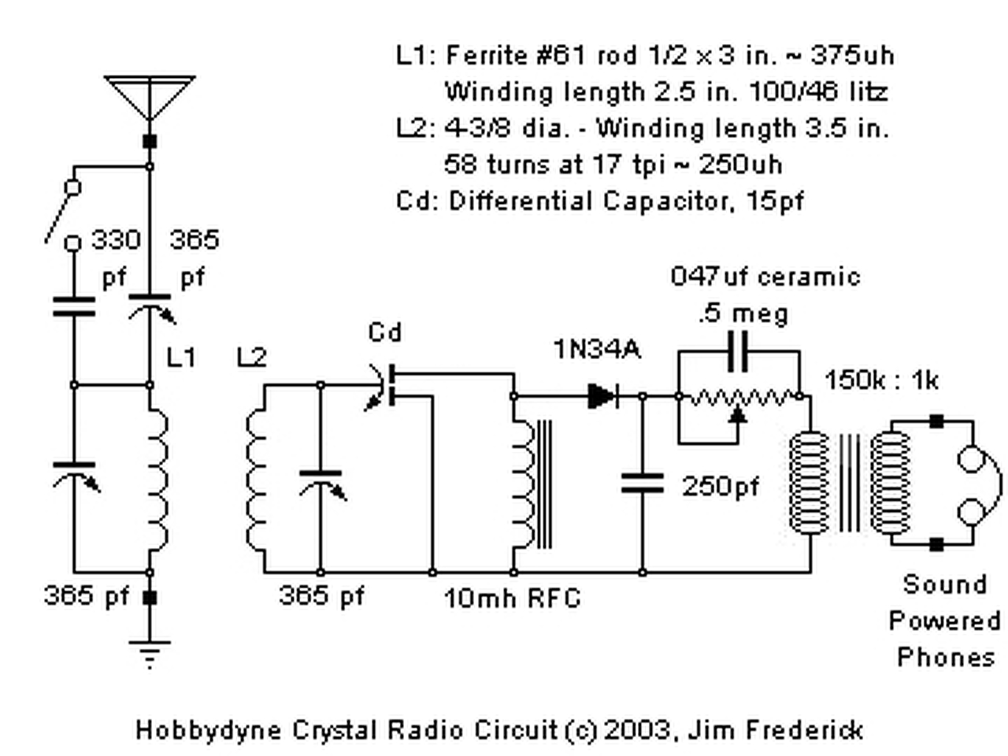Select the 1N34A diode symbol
pyautogui.click(x=602, y=395)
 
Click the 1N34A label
pyautogui.click(x=597, y=350)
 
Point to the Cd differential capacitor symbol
pyautogui.click(x=384, y=386)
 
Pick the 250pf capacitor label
pyautogui.click(x=721, y=487)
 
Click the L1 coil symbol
pyautogui.click(x=158, y=477)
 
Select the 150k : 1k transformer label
pyautogui.click(x=881, y=380)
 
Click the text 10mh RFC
pyautogui.click(x=513, y=598)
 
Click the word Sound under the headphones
pyautogui.click(x=945, y=585)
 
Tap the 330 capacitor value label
pyautogui.click(x=116, y=240)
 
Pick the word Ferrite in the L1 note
pyautogui.click(x=486, y=56)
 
